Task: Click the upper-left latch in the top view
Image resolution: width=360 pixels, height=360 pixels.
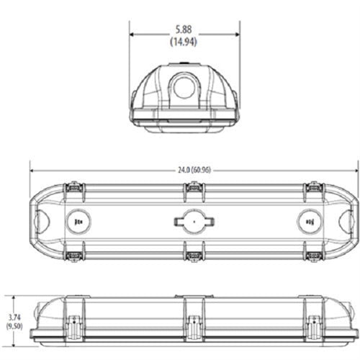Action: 72,188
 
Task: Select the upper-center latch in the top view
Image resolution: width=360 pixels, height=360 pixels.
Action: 192,188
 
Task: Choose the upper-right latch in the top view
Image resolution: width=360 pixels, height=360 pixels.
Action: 313,188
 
